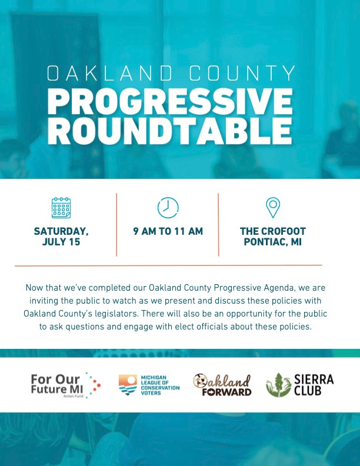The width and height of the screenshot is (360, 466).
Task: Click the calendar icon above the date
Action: point(61,208)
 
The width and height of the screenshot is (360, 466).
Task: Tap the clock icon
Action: point(168,208)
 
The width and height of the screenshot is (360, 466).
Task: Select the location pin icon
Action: point(273,208)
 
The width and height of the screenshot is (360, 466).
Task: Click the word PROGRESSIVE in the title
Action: point(170,101)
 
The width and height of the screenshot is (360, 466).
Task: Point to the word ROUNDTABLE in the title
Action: point(169,131)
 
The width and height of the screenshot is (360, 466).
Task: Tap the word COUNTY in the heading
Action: point(242,73)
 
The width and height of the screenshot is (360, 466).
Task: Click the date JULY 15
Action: point(61,242)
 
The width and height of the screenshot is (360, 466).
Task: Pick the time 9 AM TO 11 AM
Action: point(168,231)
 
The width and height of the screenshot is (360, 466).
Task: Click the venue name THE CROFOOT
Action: point(273,231)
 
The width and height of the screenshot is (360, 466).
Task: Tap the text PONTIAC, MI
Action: point(273,242)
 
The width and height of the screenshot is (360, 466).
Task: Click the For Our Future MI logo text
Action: point(56,384)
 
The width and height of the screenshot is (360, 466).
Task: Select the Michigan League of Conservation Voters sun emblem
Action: point(128,385)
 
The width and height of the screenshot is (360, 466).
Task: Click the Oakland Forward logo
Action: point(222,385)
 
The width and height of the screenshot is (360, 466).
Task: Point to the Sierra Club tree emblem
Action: point(278,385)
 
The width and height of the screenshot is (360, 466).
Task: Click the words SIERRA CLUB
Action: point(314,385)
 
